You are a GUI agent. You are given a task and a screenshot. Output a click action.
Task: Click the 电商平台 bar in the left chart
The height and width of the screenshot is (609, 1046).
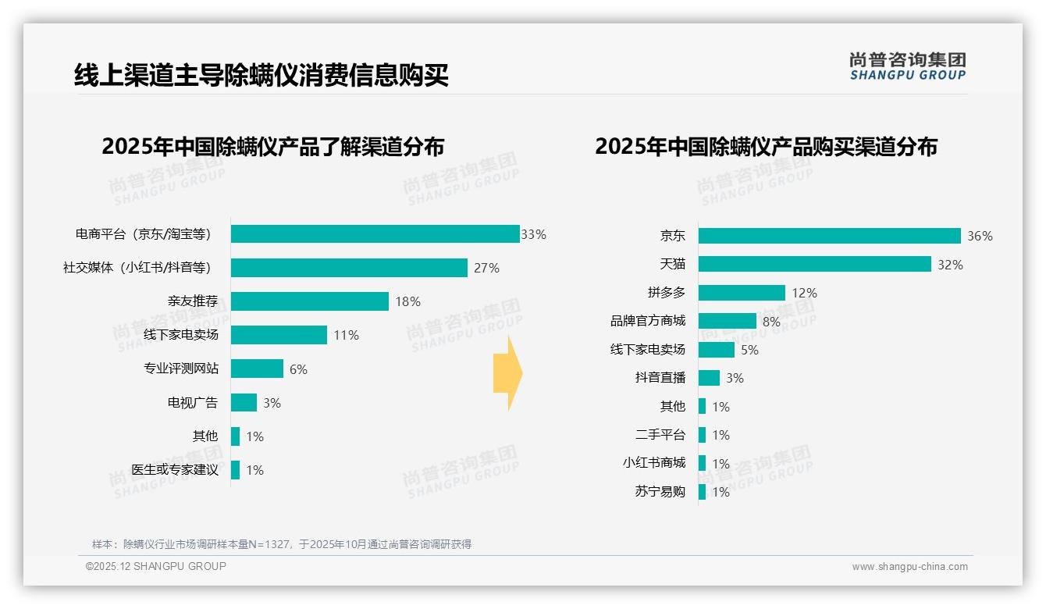(x=375, y=234)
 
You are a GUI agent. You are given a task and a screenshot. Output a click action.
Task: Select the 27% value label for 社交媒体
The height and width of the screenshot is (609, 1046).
(x=486, y=268)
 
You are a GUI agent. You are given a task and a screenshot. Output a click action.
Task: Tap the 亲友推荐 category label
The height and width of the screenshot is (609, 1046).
(x=193, y=301)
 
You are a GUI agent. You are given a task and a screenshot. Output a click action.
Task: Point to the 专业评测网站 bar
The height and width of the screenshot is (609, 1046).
(x=257, y=369)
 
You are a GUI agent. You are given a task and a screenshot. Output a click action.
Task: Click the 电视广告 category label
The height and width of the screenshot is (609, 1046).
(x=193, y=403)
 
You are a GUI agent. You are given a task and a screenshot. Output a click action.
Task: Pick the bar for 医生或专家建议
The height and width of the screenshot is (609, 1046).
(x=235, y=470)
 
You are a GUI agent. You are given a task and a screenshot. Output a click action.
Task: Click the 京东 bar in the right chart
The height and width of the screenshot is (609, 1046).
(x=829, y=236)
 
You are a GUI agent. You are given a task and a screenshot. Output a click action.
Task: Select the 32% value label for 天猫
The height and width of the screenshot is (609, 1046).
(x=950, y=265)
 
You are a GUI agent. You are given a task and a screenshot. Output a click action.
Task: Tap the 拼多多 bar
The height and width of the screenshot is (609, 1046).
(x=742, y=293)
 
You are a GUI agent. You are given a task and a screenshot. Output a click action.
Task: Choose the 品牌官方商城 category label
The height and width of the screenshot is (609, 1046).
(x=647, y=321)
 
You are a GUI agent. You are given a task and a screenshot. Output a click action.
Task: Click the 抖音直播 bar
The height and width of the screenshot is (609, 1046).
(x=709, y=378)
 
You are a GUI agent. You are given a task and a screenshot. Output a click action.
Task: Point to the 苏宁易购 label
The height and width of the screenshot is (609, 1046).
(x=660, y=492)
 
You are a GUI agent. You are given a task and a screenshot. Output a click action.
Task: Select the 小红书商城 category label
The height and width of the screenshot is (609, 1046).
(x=653, y=463)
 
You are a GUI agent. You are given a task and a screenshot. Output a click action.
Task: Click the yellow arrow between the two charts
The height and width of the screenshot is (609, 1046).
(x=508, y=374)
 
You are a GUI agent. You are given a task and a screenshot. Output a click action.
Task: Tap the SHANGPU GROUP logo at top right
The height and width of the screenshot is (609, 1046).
(x=907, y=66)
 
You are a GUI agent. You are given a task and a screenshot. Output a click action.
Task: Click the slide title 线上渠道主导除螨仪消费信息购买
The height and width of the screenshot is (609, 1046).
(x=261, y=75)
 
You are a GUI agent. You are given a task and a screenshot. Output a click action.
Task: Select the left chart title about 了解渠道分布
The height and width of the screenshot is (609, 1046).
(x=272, y=147)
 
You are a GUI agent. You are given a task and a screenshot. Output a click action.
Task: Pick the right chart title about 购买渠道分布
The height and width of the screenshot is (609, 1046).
(x=766, y=147)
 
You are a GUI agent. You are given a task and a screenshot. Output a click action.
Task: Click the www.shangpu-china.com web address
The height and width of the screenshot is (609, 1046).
(x=909, y=567)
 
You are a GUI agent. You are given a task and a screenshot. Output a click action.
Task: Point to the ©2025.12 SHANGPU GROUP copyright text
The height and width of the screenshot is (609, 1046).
(x=156, y=566)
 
